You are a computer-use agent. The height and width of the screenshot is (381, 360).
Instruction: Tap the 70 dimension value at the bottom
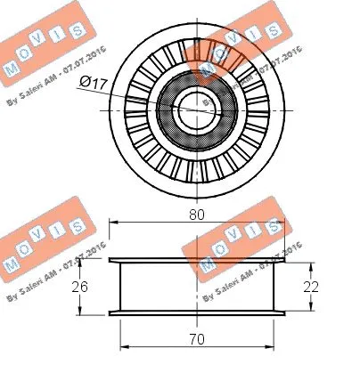coord(196,338)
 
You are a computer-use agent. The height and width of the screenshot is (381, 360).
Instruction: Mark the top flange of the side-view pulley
coord(196,261)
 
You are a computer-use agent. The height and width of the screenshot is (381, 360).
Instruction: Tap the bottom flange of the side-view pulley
coord(196,312)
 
